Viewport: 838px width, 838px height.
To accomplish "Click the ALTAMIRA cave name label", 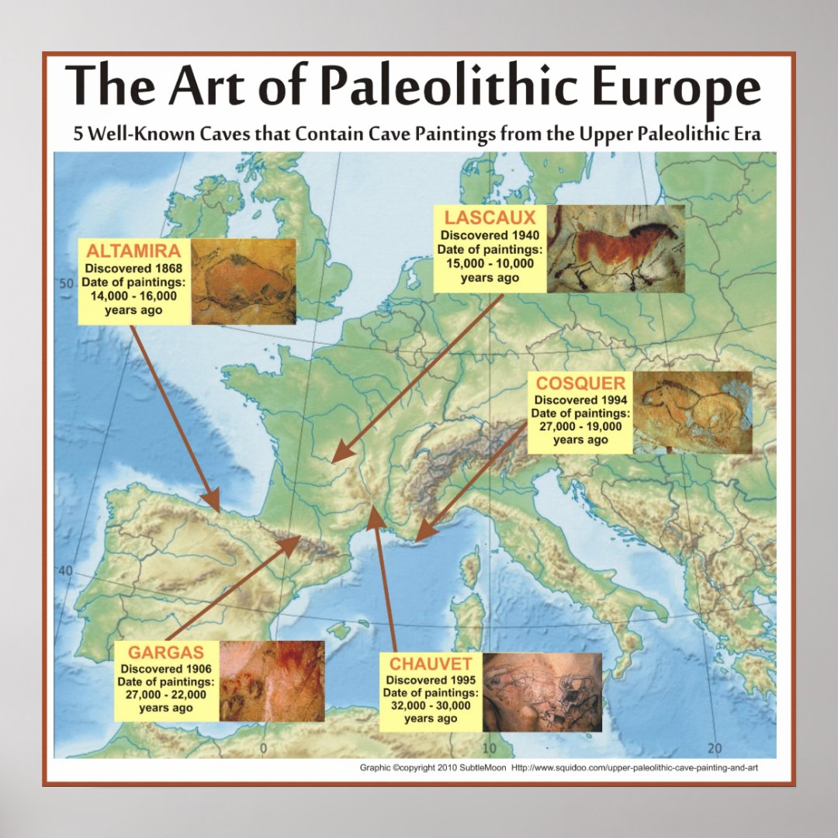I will tap(134, 251).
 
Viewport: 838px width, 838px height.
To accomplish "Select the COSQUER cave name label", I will tap(581, 383).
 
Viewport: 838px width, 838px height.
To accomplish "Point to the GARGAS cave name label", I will tap(166, 653).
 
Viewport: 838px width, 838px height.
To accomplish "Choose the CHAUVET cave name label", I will tap(431, 663).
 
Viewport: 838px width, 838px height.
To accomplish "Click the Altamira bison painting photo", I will tap(243, 281).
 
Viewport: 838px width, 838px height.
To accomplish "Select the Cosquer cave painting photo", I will tap(692, 412).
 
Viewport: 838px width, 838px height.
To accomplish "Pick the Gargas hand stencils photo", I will tap(271, 680).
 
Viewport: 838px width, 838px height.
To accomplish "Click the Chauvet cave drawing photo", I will tap(542, 692).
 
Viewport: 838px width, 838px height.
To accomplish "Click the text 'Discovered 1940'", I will tap(490, 235).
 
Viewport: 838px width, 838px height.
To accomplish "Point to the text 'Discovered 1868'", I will tap(134, 268).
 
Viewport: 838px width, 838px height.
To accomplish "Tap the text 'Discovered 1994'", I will tap(581, 400).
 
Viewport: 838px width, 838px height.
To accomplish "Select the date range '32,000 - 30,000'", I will tap(431, 705).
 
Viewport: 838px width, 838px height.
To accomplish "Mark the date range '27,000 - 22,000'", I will tap(166, 694).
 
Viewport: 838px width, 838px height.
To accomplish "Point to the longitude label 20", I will tap(715, 748).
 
